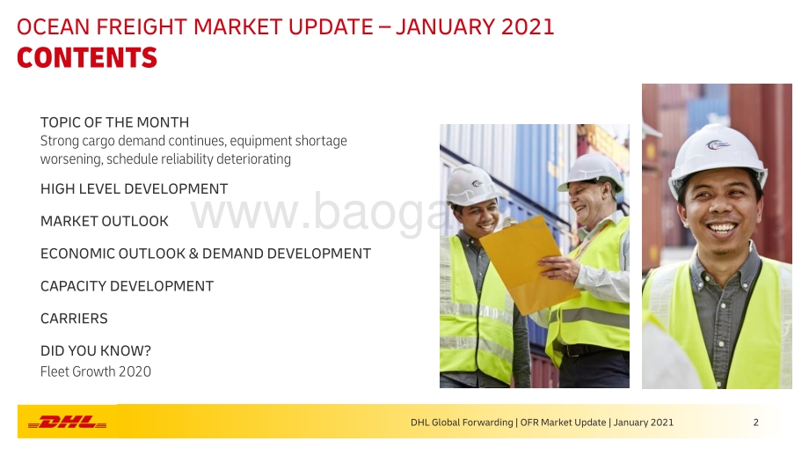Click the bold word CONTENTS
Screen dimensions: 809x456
(x=87, y=57)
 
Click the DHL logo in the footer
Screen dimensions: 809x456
(x=67, y=422)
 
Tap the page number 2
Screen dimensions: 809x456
(x=756, y=423)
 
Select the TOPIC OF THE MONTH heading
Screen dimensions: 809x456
(x=114, y=122)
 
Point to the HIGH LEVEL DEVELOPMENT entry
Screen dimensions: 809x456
(x=135, y=189)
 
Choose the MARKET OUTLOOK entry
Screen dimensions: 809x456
(x=105, y=222)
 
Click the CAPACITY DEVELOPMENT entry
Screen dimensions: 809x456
(x=127, y=286)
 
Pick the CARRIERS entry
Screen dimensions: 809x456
(x=74, y=319)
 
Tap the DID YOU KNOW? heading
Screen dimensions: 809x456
(x=96, y=351)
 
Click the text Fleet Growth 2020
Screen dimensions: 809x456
(x=96, y=371)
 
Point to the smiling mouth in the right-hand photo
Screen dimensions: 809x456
(x=722, y=227)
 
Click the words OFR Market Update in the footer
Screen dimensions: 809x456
(x=563, y=423)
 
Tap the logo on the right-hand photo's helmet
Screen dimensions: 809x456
(x=718, y=145)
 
